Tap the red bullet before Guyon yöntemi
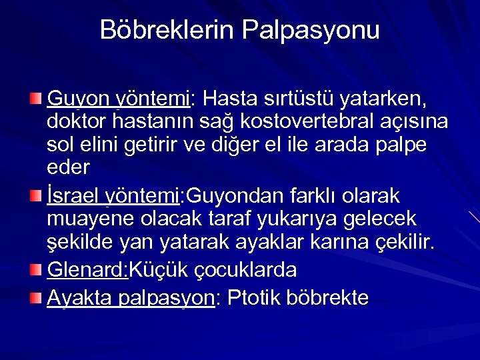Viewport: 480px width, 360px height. point(37,100)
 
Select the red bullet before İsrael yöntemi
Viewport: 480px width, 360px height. point(37,196)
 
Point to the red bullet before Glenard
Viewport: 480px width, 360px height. point(37,269)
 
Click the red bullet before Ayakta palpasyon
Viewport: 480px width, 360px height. point(37,297)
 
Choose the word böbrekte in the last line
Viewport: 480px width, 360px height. point(329,297)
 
